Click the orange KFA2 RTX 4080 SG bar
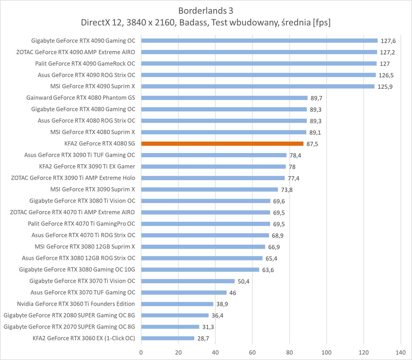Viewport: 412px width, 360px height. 222,144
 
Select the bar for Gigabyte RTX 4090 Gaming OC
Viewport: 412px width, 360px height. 259,41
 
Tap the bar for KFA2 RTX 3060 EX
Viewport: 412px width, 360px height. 168,338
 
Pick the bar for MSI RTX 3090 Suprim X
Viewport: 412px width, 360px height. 210,189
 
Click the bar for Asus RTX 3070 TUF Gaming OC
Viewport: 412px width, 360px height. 184,293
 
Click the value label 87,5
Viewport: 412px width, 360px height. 312,144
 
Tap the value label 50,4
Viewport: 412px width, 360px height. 243,282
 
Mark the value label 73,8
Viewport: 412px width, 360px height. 287,190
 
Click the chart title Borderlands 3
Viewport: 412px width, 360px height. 206,10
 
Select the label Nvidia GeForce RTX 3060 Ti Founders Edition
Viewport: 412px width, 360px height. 76,304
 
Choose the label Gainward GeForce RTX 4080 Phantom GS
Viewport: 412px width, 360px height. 81,98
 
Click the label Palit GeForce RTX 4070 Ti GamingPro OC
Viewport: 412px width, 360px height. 81,224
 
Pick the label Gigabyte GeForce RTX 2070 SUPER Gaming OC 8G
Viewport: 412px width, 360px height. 70,327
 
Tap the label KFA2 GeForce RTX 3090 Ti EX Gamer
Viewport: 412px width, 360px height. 87,166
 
